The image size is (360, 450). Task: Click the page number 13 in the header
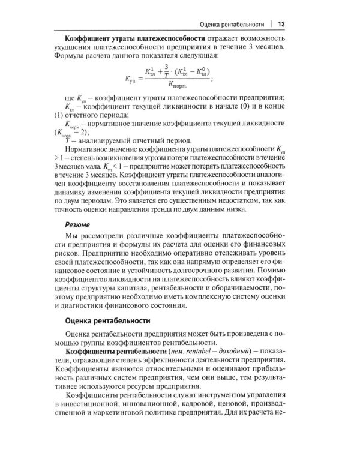click(x=281, y=24)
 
